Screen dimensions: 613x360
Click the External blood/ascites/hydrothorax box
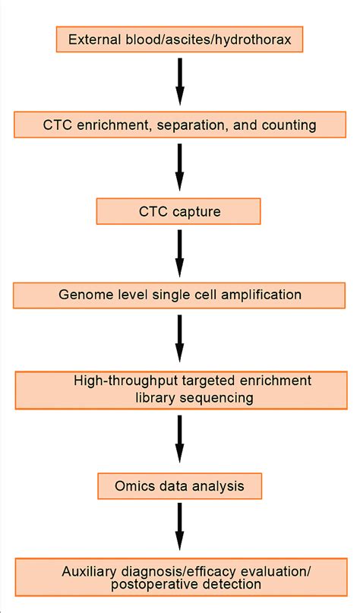(180, 39)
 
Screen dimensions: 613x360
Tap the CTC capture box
(179, 211)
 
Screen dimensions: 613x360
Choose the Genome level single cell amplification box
(180, 295)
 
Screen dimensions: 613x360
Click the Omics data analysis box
(180, 483)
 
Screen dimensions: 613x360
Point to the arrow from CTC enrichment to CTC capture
(180, 168)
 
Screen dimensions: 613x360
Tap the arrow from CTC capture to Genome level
(180, 253)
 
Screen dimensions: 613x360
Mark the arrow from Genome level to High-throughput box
(180, 337)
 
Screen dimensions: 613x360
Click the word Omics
(128, 483)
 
